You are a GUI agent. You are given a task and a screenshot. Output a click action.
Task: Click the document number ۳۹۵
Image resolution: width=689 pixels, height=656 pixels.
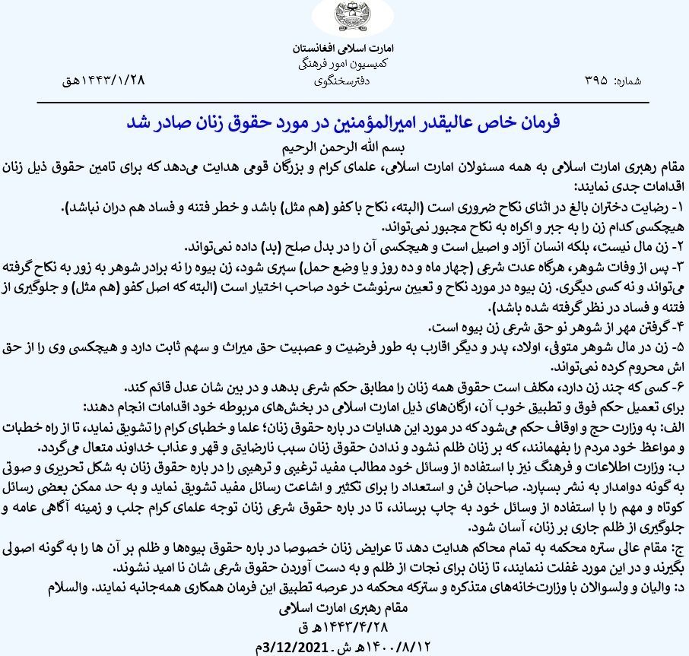[595, 80]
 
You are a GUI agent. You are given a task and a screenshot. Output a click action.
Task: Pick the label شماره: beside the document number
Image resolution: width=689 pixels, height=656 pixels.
[628, 80]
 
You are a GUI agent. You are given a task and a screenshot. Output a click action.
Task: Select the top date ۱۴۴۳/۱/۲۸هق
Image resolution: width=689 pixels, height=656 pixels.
[104, 80]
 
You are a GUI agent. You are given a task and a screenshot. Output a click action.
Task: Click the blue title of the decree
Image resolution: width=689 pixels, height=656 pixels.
[344, 123]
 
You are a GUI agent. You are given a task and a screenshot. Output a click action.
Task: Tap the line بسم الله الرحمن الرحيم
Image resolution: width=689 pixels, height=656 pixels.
[344, 147]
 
